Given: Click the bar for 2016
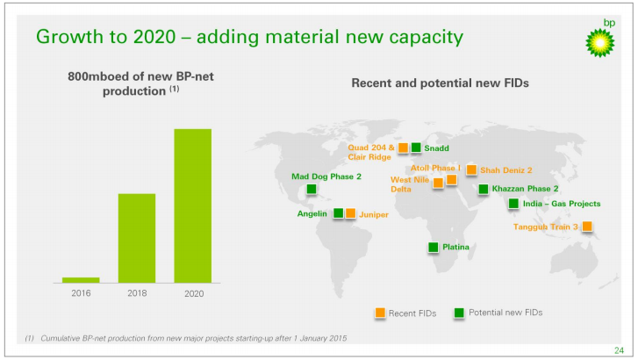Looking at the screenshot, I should click(81, 280).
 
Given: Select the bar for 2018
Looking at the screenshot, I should click(137, 238).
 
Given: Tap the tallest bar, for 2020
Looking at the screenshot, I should click(193, 205).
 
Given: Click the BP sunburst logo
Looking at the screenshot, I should click(600, 41).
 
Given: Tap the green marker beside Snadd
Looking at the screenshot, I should click(416, 148).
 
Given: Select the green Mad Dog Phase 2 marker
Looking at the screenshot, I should click(312, 189).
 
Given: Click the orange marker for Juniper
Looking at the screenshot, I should click(350, 213).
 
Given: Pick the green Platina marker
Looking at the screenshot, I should click(433, 248).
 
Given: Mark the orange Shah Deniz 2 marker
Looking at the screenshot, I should click(471, 170).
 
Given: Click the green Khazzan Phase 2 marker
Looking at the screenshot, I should click(484, 189).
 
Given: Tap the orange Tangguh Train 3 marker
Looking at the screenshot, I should click(587, 227).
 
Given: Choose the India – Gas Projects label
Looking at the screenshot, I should click(562, 204).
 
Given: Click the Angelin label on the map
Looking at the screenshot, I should click(312, 213).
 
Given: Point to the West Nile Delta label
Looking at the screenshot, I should click(408, 184).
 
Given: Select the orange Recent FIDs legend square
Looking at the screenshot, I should click(380, 313).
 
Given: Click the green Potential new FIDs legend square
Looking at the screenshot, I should click(459, 313).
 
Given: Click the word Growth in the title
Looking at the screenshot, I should click(64, 38).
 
